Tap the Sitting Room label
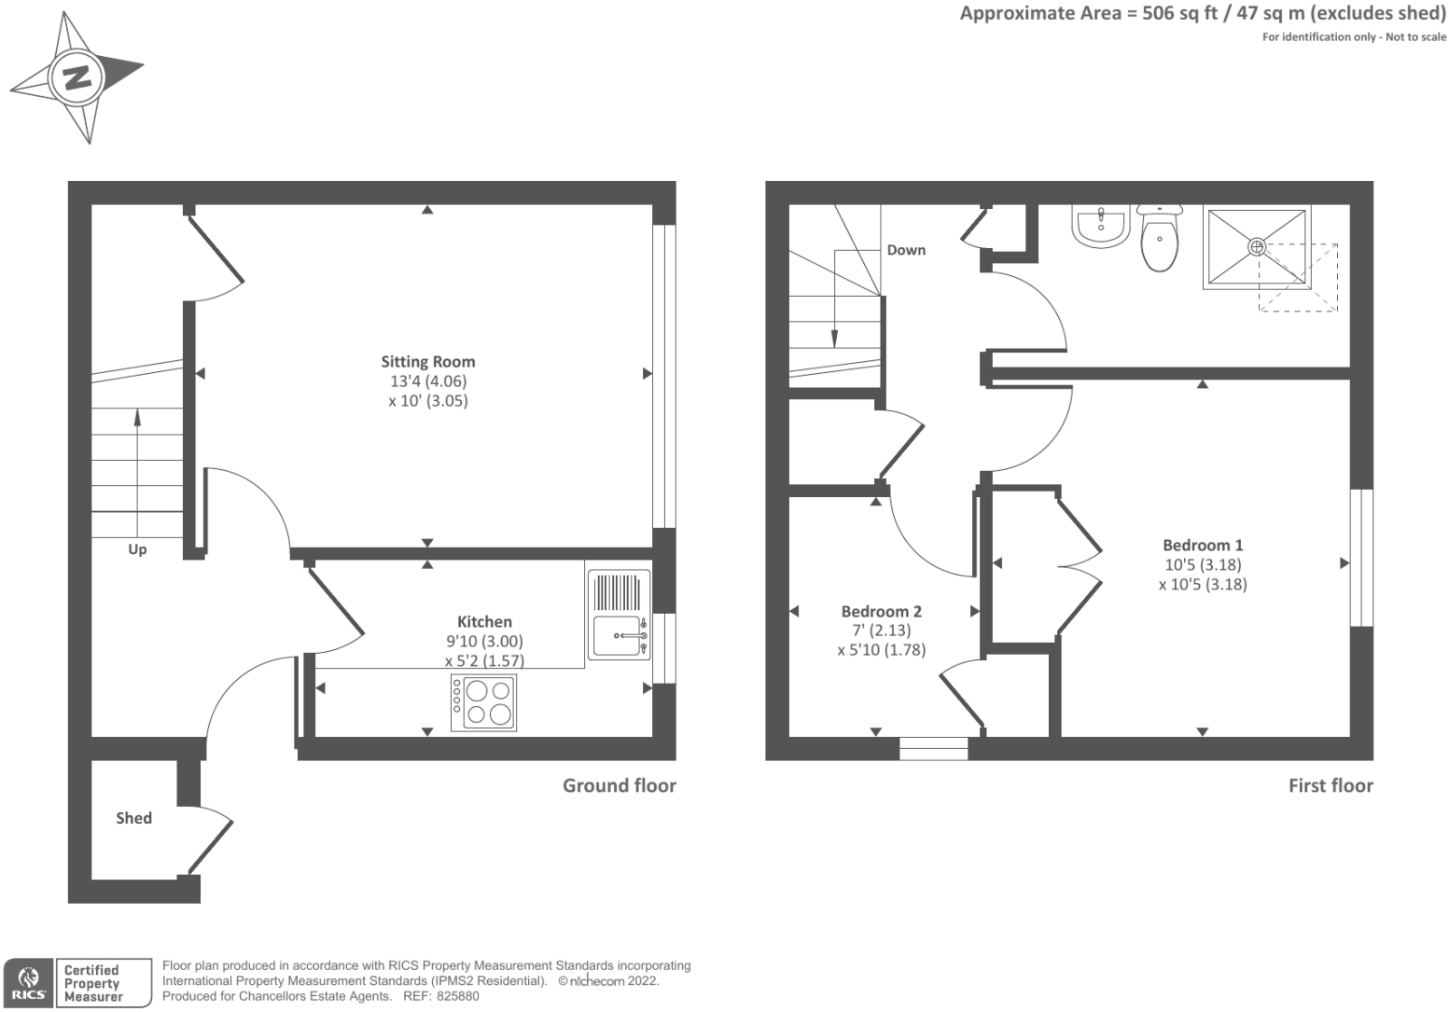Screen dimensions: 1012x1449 (x=427, y=362)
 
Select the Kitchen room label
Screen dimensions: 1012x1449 (x=484, y=622)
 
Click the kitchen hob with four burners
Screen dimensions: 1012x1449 (x=483, y=702)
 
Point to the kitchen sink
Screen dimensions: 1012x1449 (x=620, y=636)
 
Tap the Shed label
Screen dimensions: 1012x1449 (x=133, y=818)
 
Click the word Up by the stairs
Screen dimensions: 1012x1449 (x=137, y=549)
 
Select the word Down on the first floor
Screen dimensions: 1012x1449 (x=906, y=250)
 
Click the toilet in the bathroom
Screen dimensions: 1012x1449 (x=1159, y=240)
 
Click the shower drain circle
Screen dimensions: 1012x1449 (x=1257, y=247)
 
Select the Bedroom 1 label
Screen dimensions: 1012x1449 (x=1203, y=546)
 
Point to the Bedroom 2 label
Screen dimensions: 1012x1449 (x=881, y=612)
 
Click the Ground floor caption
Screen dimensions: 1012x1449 (x=619, y=785)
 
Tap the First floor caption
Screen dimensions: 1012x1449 (x=1330, y=785)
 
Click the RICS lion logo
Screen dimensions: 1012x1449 (x=28, y=982)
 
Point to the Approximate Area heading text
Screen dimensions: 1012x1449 (x=1202, y=14)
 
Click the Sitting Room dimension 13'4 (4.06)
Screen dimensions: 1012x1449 (x=428, y=381)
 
